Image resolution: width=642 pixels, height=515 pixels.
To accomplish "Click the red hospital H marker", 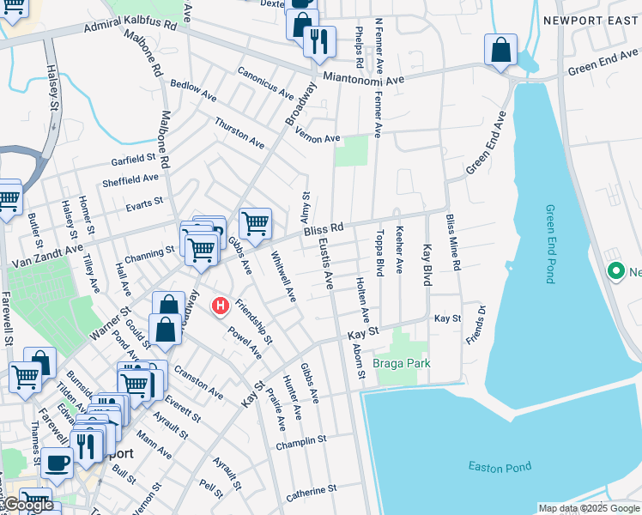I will pyautogui.click(x=221, y=305).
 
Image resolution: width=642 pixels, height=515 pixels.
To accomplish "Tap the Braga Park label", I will pyautogui.click(x=401, y=364).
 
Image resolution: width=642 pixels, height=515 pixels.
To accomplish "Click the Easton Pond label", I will pyautogui.click(x=500, y=467).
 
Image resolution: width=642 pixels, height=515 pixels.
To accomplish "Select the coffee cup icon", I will pyautogui.click(x=58, y=463).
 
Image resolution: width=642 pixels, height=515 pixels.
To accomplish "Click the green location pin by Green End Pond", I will pyautogui.click(x=615, y=273).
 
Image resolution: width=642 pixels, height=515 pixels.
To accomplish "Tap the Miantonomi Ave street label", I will pyautogui.click(x=364, y=79).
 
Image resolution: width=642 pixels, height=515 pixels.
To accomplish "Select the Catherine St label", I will pyautogui.click(x=311, y=492).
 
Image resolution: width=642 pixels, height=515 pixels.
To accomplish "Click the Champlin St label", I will pyautogui.click(x=301, y=443).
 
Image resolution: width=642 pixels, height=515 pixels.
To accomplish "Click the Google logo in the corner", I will pyautogui.click(x=28, y=505).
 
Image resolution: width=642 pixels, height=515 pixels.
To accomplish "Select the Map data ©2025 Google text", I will pyautogui.click(x=588, y=508).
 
